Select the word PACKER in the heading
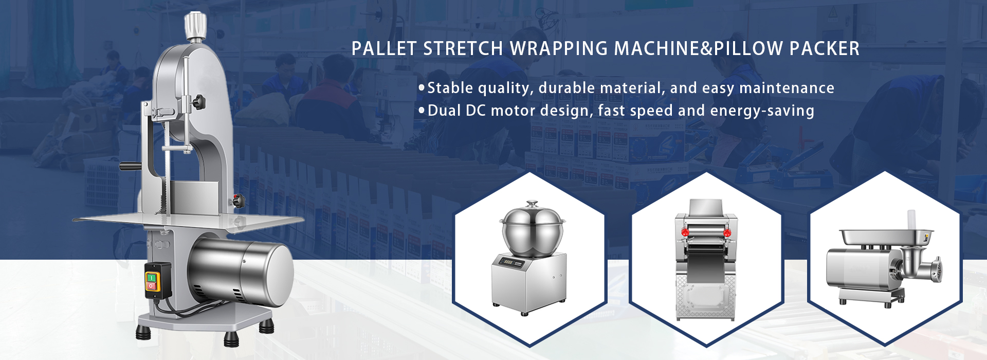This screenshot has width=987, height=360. point(825,49)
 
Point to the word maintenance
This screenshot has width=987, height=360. point(787,88)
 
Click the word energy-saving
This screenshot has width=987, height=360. point(762,111)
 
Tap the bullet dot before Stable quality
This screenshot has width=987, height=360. point(422,88)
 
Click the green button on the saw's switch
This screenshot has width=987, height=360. point(152,278)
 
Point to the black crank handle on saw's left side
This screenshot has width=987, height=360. point(131,166)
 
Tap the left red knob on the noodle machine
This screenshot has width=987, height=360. point(685,232)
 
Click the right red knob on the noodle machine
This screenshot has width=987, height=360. point(727,233)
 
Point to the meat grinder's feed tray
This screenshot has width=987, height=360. point(886,237)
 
